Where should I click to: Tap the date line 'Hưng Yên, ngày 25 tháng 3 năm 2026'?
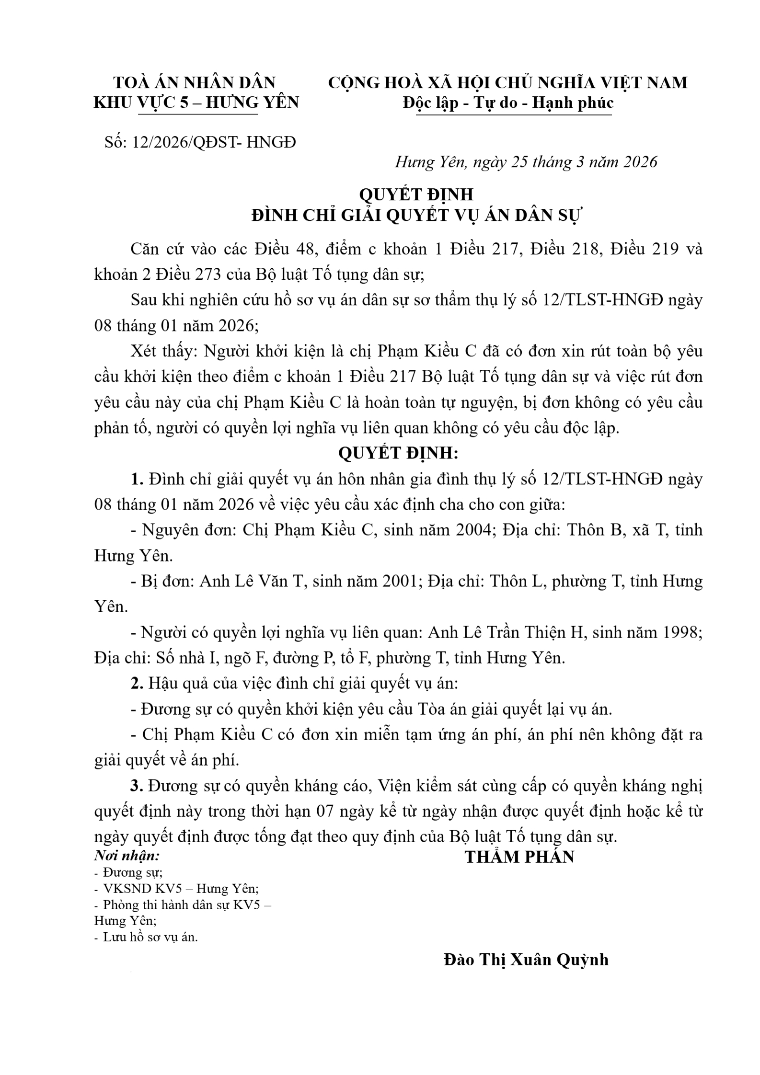click(526, 162)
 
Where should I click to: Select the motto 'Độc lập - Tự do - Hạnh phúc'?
click(508, 103)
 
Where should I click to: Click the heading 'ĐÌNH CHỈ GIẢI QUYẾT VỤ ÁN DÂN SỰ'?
click(416, 216)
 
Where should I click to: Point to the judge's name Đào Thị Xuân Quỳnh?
click(526, 960)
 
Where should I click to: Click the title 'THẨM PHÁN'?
click(519, 857)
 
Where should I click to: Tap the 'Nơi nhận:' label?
click(127, 855)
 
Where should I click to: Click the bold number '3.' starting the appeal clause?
click(137, 786)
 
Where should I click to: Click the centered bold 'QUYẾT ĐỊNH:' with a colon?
click(399, 453)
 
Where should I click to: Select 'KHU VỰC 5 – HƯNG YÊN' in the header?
click(196, 103)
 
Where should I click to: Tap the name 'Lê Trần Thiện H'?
click(524, 632)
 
